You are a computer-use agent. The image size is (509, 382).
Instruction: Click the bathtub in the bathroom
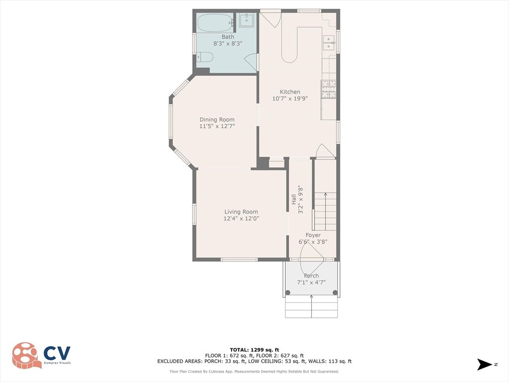tap(214, 22)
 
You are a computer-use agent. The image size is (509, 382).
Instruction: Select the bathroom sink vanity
tap(247, 20)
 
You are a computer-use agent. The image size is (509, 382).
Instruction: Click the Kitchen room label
tap(290, 92)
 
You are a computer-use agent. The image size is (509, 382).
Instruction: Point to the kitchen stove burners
tap(328, 90)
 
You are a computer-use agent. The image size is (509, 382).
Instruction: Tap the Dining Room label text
tap(217, 119)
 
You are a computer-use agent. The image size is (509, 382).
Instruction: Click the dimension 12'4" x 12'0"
tap(241, 218)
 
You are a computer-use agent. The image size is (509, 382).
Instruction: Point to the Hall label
tap(294, 199)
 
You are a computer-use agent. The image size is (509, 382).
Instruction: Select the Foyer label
tap(313, 235)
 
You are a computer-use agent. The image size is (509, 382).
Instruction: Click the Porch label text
tap(311, 276)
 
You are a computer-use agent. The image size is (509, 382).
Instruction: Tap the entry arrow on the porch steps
tap(312, 305)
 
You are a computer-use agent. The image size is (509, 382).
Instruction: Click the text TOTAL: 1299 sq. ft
tap(254, 350)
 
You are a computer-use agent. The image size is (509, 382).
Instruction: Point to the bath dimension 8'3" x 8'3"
tap(227, 44)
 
